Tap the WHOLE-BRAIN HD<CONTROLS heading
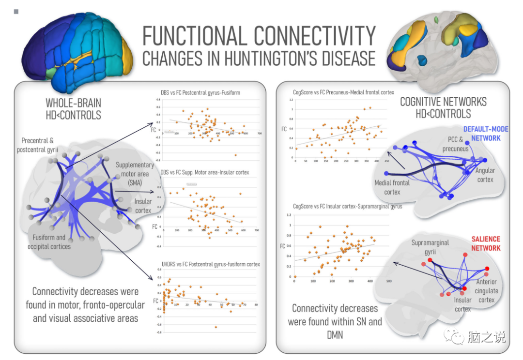tap(73, 109)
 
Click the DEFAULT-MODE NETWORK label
tap(482, 134)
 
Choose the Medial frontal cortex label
tap(392, 187)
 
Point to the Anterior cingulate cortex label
tap(486, 291)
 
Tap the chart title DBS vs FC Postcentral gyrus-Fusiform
tap(200, 92)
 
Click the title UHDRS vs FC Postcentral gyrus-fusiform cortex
tap(211, 264)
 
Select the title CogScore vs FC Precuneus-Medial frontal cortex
tap(343, 92)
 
